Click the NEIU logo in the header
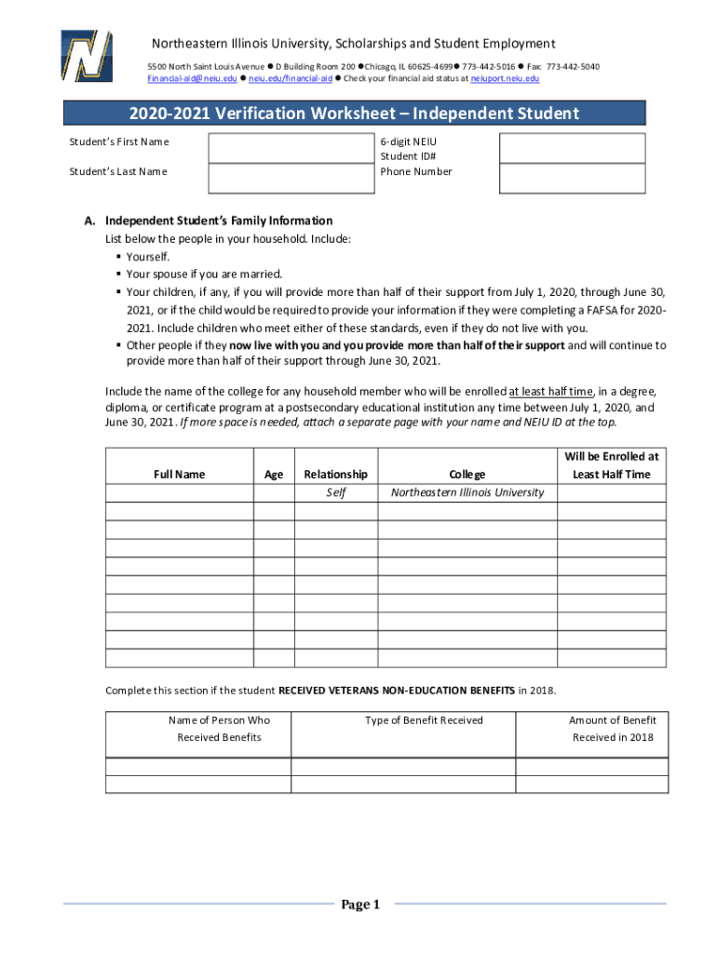click(87, 56)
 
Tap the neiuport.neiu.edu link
click(505, 79)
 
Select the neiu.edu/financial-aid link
click(290, 79)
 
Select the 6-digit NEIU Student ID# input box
click(572, 148)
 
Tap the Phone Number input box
click(572, 178)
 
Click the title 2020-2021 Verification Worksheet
click(358, 114)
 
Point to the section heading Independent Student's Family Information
click(219, 221)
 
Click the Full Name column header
click(179, 475)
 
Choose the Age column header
click(274, 475)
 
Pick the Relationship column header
click(335, 475)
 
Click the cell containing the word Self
click(335, 492)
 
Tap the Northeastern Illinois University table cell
click(467, 492)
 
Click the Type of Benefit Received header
click(424, 720)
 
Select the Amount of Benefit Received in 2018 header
click(613, 729)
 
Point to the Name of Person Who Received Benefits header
click(219, 729)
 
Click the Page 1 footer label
click(360, 905)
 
